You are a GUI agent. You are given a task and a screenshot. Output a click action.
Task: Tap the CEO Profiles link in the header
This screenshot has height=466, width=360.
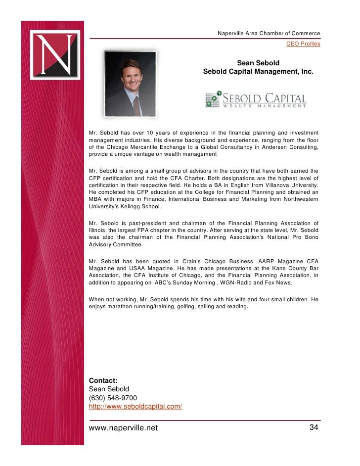tap(303, 45)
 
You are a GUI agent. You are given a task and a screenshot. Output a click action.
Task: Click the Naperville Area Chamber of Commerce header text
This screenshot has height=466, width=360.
tap(269, 33)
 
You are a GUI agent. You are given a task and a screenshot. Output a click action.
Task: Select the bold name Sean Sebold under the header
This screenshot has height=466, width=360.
tap(258, 63)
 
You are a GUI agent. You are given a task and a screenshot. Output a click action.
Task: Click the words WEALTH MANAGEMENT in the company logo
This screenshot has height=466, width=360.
tap(265, 105)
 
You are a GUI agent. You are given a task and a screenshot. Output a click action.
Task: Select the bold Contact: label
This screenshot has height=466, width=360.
tap(103, 380)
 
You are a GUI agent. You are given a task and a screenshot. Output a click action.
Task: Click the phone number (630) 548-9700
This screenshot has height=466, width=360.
tap(113, 398)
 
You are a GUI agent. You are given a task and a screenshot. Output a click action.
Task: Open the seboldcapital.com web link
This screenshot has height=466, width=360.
tap(135, 407)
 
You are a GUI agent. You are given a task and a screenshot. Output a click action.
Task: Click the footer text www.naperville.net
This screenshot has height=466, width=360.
tap(123, 428)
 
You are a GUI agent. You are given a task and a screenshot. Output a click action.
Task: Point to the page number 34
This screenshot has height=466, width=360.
tap(314, 427)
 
